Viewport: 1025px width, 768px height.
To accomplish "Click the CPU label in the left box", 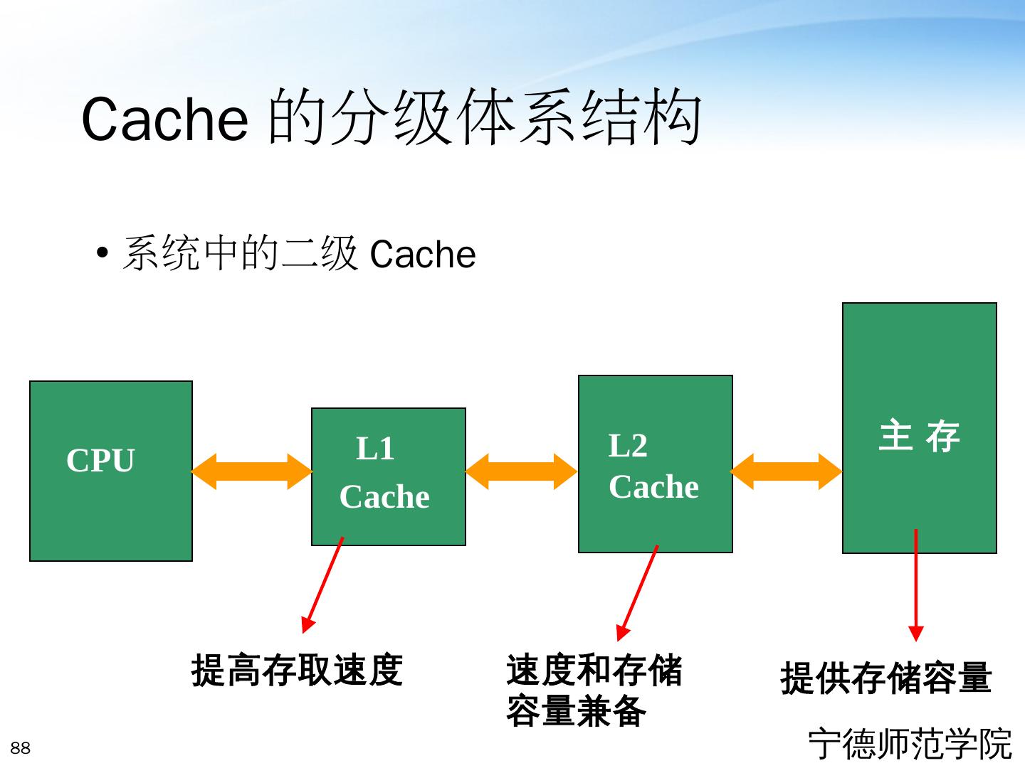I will [x=100, y=461].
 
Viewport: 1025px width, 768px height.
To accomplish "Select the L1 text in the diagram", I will [x=375, y=449].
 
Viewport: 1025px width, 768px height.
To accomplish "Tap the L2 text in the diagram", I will [x=628, y=447].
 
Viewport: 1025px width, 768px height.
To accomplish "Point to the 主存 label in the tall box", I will [x=919, y=436].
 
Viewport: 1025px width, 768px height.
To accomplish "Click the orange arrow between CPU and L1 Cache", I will [x=252, y=471].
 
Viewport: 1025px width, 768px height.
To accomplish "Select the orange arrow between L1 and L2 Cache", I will [x=521, y=471].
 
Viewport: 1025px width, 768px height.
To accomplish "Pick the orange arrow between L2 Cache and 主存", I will [x=786, y=471].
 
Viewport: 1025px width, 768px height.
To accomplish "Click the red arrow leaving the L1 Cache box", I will [x=322, y=585].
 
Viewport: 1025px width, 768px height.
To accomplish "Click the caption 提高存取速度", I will [x=297, y=671].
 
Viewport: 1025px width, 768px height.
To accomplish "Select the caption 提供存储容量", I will [x=885, y=678].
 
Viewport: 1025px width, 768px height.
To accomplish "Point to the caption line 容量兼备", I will [x=576, y=711].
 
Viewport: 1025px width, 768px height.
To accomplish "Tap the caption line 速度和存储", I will [x=594, y=671].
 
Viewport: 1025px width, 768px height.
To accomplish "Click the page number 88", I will [x=21, y=748].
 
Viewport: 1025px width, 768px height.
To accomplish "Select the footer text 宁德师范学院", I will [x=910, y=744].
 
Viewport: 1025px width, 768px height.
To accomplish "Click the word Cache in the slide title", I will [x=164, y=119].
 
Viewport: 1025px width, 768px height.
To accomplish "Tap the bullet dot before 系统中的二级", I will [x=103, y=254].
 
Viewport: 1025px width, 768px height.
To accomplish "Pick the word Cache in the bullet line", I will [x=423, y=255].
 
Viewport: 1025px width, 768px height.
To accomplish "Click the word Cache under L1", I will [x=384, y=497].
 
